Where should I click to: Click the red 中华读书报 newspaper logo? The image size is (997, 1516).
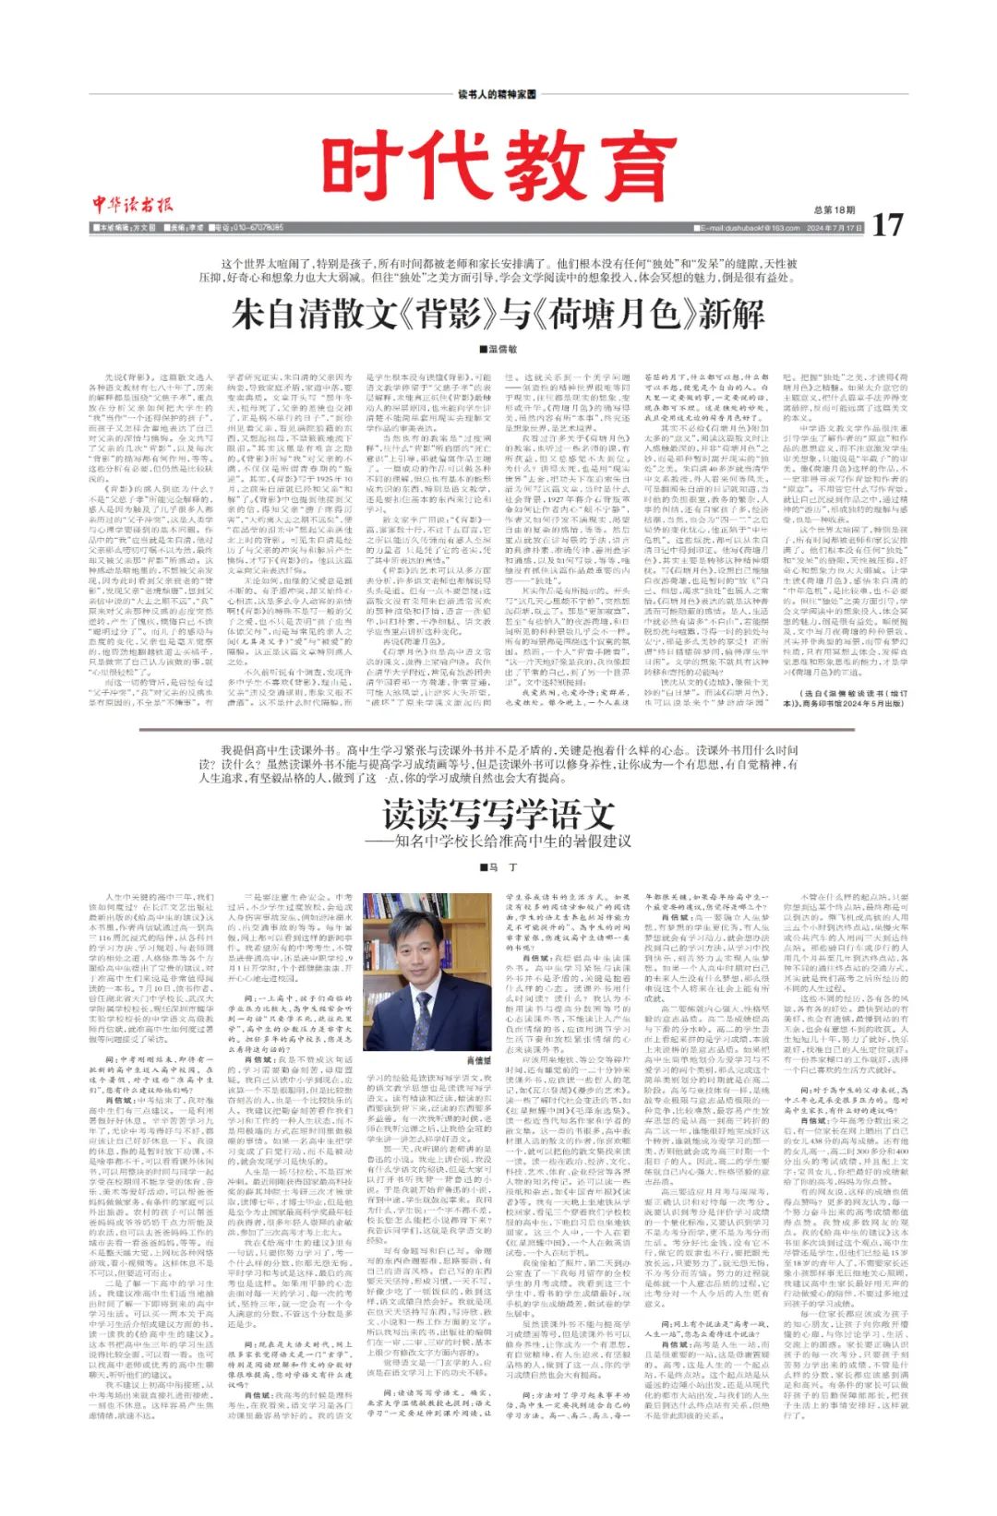click(x=132, y=205)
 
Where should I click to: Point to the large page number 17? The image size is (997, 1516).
click(x=886, y=224)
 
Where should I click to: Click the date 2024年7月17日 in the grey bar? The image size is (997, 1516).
click(x=835, y=228)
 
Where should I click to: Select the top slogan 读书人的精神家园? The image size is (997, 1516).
click(x=497, y=95)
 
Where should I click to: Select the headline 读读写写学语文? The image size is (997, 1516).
click(x=498, y=814)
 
